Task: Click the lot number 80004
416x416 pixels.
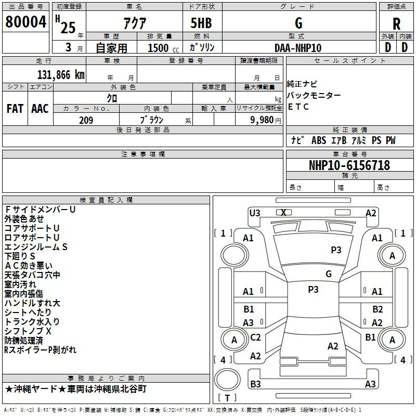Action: click(25, 22)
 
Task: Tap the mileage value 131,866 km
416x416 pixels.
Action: click(60, 74)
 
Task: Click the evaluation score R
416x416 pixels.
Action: click(396, 23)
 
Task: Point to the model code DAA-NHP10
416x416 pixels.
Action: click(298, 48)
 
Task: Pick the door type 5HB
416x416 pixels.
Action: click(201, 23)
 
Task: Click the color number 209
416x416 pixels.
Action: click(86, 120)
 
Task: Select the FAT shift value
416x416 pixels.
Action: click(15, 109)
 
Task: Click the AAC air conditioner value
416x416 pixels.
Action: click(40, 109)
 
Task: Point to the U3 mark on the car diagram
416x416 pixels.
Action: click(255, 213)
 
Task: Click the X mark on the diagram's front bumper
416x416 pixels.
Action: click(283, 212)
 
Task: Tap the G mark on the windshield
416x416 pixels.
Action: click(328, 274)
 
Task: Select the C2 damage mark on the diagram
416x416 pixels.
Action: click(255, 337)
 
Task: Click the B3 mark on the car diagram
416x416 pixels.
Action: click(255, 384)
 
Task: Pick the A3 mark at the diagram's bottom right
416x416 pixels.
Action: click(370, 384)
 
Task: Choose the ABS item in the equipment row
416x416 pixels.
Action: click(318, 140)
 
